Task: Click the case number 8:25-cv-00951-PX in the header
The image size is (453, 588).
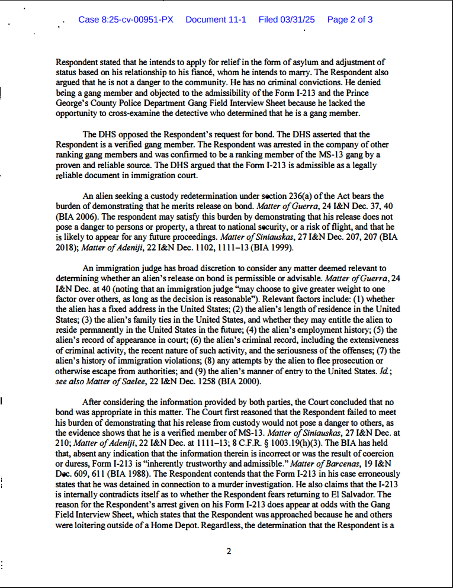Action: (x=126, y=20)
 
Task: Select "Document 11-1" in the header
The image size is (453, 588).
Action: (x=216, y=20)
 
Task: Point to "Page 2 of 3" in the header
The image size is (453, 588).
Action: (x=350, y=20)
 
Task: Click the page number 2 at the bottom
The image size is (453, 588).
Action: (x=229, y=551)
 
